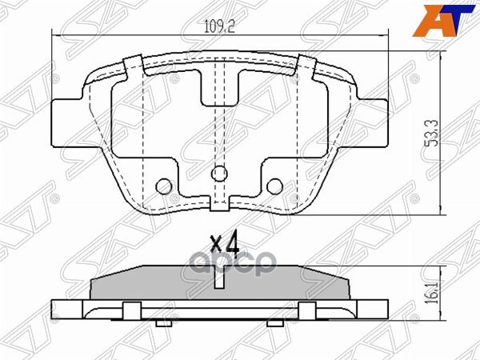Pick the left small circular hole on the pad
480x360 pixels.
click(x=164, y=186)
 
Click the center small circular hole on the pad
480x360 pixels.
click(x=218, y=173)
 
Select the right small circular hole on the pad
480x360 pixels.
click(x=274, y=186)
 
